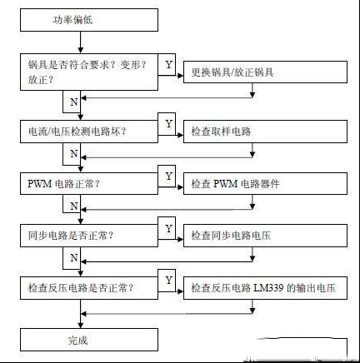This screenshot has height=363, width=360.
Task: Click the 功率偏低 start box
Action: coord(89,20)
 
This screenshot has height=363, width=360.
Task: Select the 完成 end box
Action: coord(89,340)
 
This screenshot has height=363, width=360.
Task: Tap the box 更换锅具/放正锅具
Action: coord(265,72)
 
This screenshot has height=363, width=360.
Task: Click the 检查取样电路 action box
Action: coord(265,132)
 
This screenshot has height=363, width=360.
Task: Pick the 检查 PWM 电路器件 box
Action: coord(265,183)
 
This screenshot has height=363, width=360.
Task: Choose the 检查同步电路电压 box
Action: coord(265,236)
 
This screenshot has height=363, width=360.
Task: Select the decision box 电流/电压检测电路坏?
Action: coord(89,132)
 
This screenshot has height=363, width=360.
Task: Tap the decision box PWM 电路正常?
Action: coord(89,183)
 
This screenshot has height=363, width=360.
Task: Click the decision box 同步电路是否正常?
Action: coord(89,236)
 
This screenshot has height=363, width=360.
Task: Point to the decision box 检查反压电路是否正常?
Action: coord(89,288)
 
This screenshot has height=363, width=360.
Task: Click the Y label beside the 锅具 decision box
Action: coord(168,65)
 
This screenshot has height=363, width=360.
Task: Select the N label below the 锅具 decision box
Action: coord(74,102)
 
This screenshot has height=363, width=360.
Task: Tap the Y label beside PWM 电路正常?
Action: coord(168,176)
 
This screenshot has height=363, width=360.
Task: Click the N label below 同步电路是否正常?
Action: coord(74,258)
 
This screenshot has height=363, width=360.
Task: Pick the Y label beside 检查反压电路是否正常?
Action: coord(168,280)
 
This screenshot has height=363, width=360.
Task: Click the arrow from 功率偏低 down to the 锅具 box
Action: coord(81,42)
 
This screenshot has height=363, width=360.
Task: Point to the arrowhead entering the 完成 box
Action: coord(81,326)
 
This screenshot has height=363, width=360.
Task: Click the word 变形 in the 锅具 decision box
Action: coord(130,65)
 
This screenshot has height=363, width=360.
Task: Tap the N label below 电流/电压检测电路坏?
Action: coord(74,153)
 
